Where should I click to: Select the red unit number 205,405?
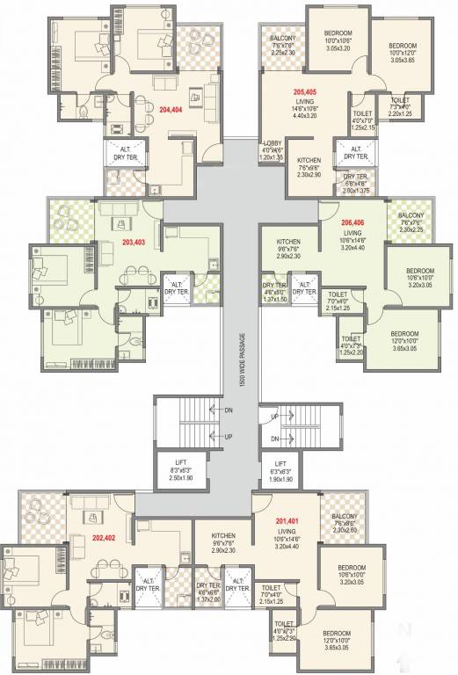[304, 91]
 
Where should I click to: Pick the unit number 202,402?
[104, 538]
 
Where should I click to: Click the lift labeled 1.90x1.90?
[280, 468]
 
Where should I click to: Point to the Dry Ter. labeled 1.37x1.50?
[274, 291]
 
